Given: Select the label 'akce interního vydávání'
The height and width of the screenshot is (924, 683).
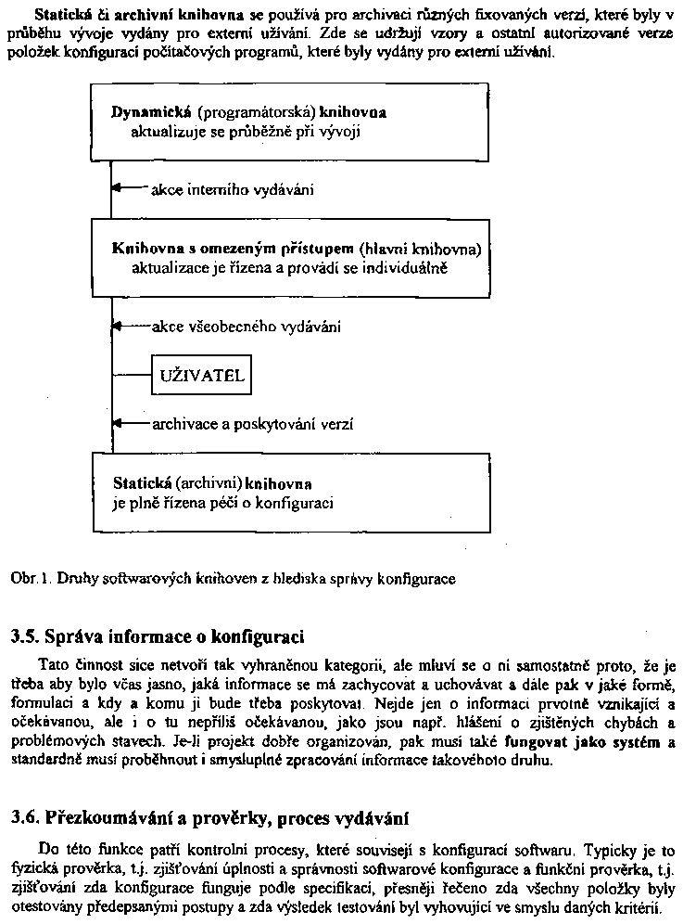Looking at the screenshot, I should (231, 190).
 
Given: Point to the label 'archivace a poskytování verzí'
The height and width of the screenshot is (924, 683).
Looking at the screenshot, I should (251, 424).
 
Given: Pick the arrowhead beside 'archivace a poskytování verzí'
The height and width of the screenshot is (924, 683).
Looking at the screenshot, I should (116, 423).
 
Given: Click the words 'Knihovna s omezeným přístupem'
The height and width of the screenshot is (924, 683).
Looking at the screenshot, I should (232, 249).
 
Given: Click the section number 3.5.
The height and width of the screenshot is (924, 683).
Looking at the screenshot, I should (24, 638).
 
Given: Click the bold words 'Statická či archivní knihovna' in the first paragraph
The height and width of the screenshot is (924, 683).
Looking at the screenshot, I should (138, 16).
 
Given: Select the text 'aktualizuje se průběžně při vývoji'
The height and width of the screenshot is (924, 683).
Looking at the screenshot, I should (245, 131).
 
